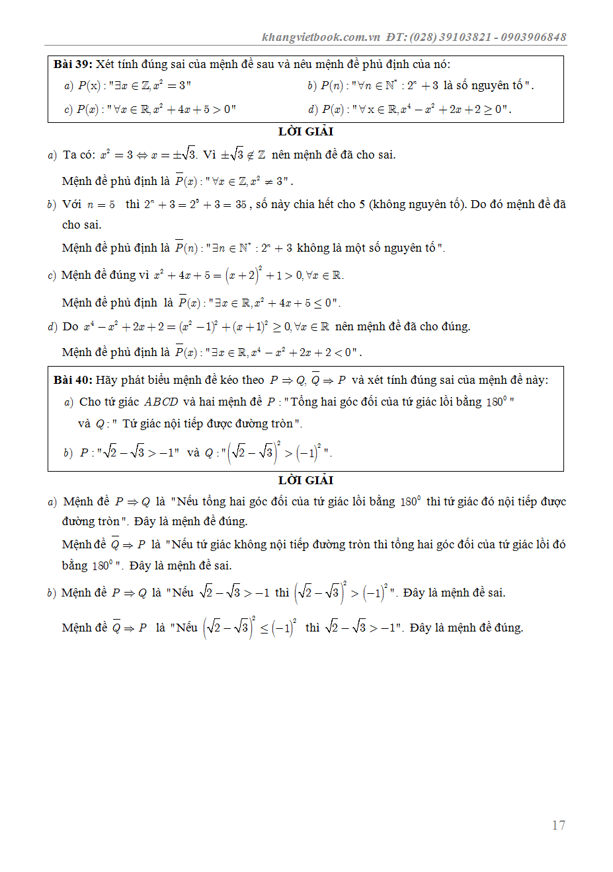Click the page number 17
tap(558, 825)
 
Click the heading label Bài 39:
tap(73, 64)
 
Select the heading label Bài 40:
tap(73, 380)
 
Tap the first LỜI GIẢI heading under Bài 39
tap(306, 131)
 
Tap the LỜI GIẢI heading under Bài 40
tap(306, 480)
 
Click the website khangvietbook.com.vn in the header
tap(321, 37)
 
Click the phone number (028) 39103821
tap(450, 37)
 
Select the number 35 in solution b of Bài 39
tap(241, 205)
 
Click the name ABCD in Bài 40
tap(161, 402)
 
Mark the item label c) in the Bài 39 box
tap(68, 110)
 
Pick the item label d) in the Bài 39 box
tap(313, 110)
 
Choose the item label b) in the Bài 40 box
tap(68, 453)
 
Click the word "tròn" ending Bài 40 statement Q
tap(282, 423)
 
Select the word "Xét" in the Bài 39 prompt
tap(105, 64)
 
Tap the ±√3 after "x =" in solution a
tap(184, 155)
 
